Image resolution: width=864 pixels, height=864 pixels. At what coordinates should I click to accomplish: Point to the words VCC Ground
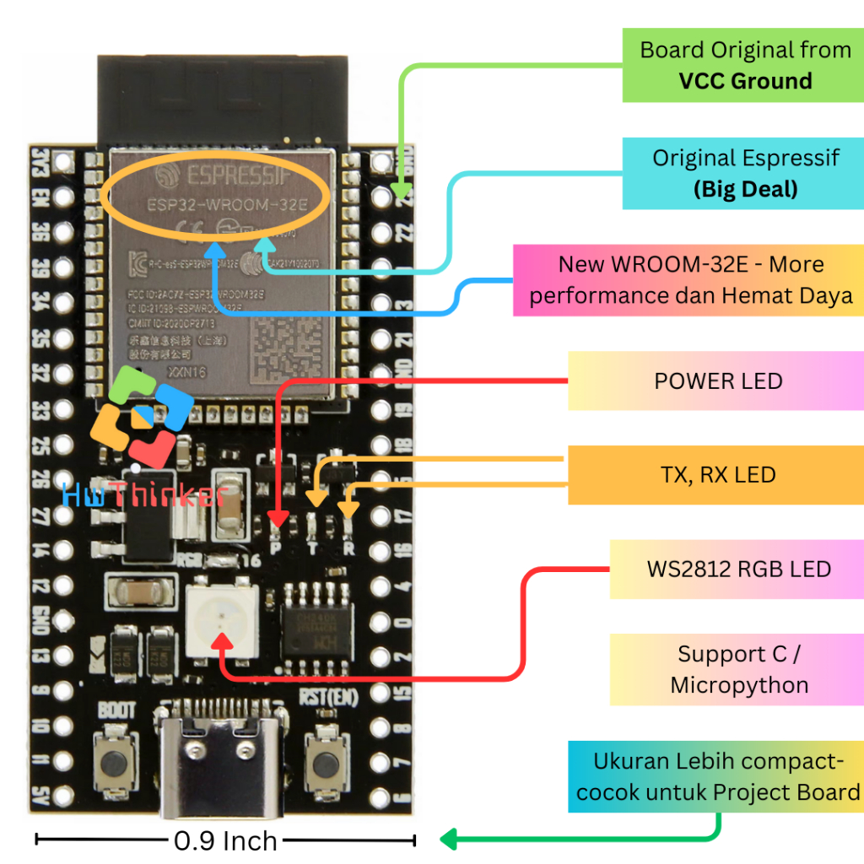pyautogui.click(x=745, y=81)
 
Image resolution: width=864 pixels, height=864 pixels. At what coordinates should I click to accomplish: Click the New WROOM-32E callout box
pyautogui.click(x=688, y=280)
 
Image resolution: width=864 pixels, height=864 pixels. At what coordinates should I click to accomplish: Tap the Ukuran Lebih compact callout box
pyautogui.click(x=715, y=776)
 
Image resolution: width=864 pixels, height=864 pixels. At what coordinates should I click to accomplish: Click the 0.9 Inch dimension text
pyautogui.click(x=225, y=840)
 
